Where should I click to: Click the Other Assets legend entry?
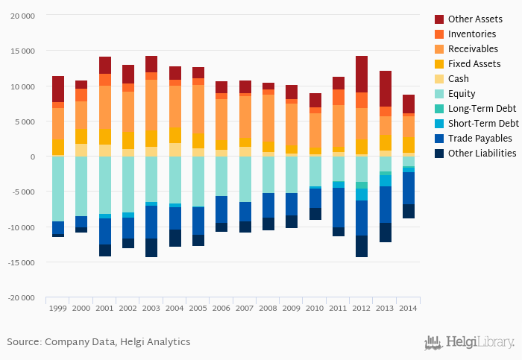[474, 19]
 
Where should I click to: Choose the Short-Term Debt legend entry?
[483, 124]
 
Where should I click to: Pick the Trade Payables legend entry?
[479, 139]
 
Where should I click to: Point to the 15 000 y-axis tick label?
[24, 51]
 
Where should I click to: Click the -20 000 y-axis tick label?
[22, 297]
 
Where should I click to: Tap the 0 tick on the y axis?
[32, 157]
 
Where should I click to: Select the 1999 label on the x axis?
[58, 307]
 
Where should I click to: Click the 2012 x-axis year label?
[362, 307]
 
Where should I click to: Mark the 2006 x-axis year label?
[221, 307]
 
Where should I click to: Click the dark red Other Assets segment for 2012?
[362, 74]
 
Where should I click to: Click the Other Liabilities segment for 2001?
[105, 250]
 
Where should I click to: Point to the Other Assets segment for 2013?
[385, 89]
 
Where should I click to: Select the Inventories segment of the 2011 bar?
[339, 97]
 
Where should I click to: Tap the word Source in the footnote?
[23, 341]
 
